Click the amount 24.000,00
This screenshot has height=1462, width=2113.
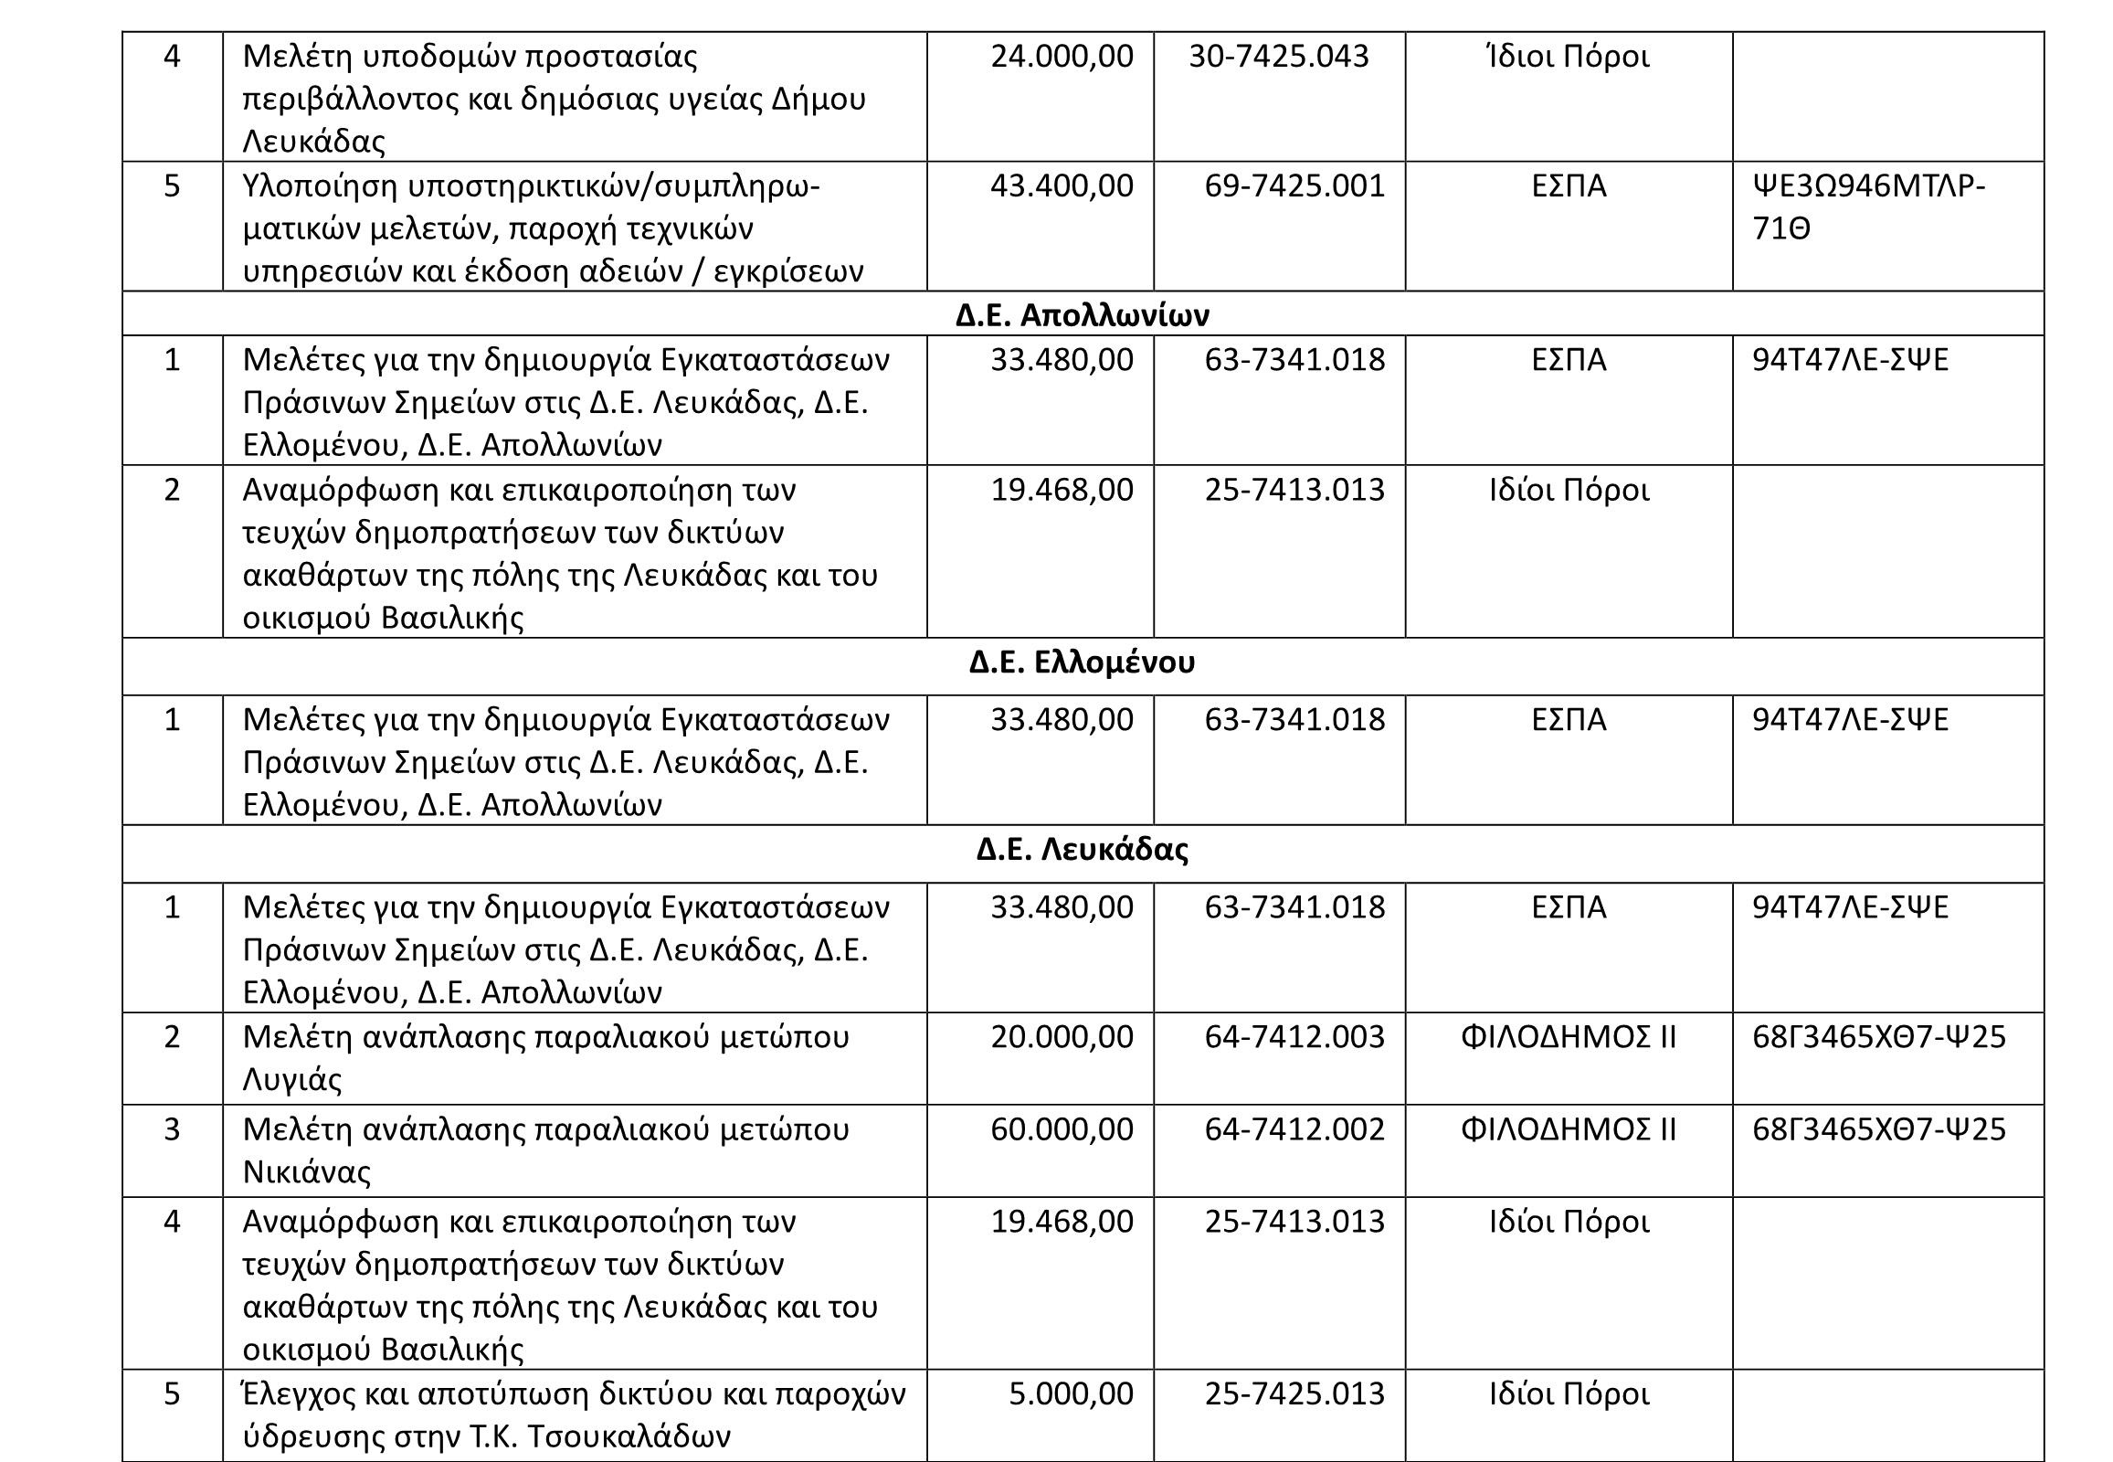point(1062,57)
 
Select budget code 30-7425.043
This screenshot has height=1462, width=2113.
point(1279,57)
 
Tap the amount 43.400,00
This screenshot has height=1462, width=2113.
point(1062,186)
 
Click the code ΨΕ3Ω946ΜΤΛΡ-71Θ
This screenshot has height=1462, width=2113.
point(1868,207)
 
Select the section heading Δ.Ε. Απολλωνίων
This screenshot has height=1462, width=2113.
point(1082,315)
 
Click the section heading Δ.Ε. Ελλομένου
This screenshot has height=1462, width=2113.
point(1082,662)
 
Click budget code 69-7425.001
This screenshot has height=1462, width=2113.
point(1294,186)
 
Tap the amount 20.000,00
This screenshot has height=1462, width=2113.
point(1062,1037)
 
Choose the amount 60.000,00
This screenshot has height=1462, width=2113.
point(1062,1129)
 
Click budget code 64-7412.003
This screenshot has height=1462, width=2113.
point(1294,1037)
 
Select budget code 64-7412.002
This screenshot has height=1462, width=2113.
point(1294,1129)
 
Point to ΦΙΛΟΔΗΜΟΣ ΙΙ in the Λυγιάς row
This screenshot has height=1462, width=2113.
point(1568,1037)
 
